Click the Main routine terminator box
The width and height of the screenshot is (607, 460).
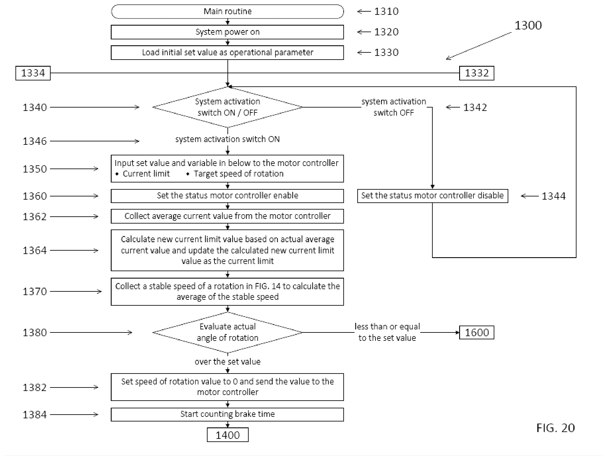tap(227, 11)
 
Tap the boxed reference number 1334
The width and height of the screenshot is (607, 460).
tap(33, 73)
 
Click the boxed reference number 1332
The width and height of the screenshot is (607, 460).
tap(477, 73)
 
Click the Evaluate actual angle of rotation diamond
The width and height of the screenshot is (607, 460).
tap(227, 332)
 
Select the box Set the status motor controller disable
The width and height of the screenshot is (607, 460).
tap(432, 196)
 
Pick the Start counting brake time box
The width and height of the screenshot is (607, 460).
tap(227, 414)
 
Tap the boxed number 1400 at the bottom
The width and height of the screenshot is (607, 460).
tap(227, 435)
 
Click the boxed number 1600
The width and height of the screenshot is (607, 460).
tap(477, 332)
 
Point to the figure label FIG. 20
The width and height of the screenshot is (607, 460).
tap(555, 428)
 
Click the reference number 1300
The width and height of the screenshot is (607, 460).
tap(528, 25)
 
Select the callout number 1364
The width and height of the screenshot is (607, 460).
tap(35, 250)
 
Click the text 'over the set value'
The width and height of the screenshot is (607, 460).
tap(227, 362)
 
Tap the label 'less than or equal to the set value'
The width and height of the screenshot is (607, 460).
tap(387, 332)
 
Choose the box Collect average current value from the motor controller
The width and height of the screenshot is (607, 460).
tap(227, 216)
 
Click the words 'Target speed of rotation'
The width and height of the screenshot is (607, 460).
tap(238, 174)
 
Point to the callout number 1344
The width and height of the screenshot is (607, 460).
tap(553, 196)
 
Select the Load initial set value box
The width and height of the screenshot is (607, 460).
tap(227, 52)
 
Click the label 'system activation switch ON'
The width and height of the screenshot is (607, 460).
tap(227, 139)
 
